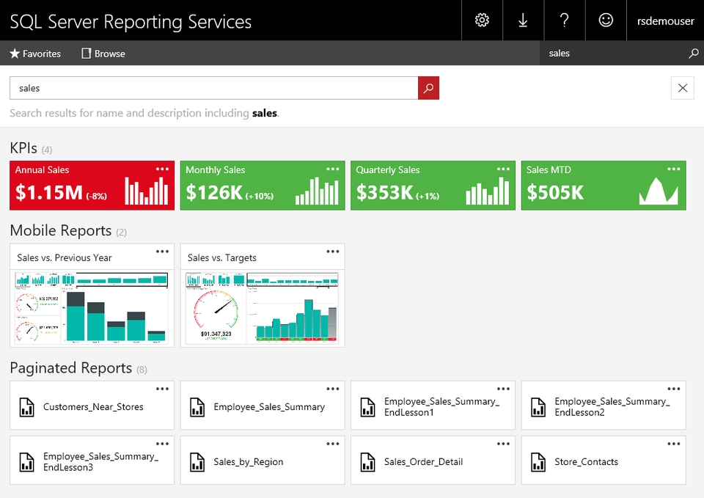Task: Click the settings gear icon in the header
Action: click(482, 21)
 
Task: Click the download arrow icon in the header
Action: click(523, 21)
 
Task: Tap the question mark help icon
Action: click(564, 21)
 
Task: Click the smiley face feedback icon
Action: click(606, 21)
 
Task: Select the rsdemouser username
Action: click(665, 21)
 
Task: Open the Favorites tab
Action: click(35, 54)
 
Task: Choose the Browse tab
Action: click(103, 54)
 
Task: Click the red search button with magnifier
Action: click(428, 88)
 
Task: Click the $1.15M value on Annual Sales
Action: click(49, 193)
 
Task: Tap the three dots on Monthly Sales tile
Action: click(332, 169)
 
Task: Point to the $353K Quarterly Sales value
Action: click(384, 193)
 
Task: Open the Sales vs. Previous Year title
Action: click(65, 257)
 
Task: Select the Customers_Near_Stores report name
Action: click(93, 407)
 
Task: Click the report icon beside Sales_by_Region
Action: click(197, 462)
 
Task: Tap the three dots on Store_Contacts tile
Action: click(673, 444)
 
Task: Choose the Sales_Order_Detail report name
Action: click(423, 462)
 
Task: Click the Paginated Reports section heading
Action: click(71, 368)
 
